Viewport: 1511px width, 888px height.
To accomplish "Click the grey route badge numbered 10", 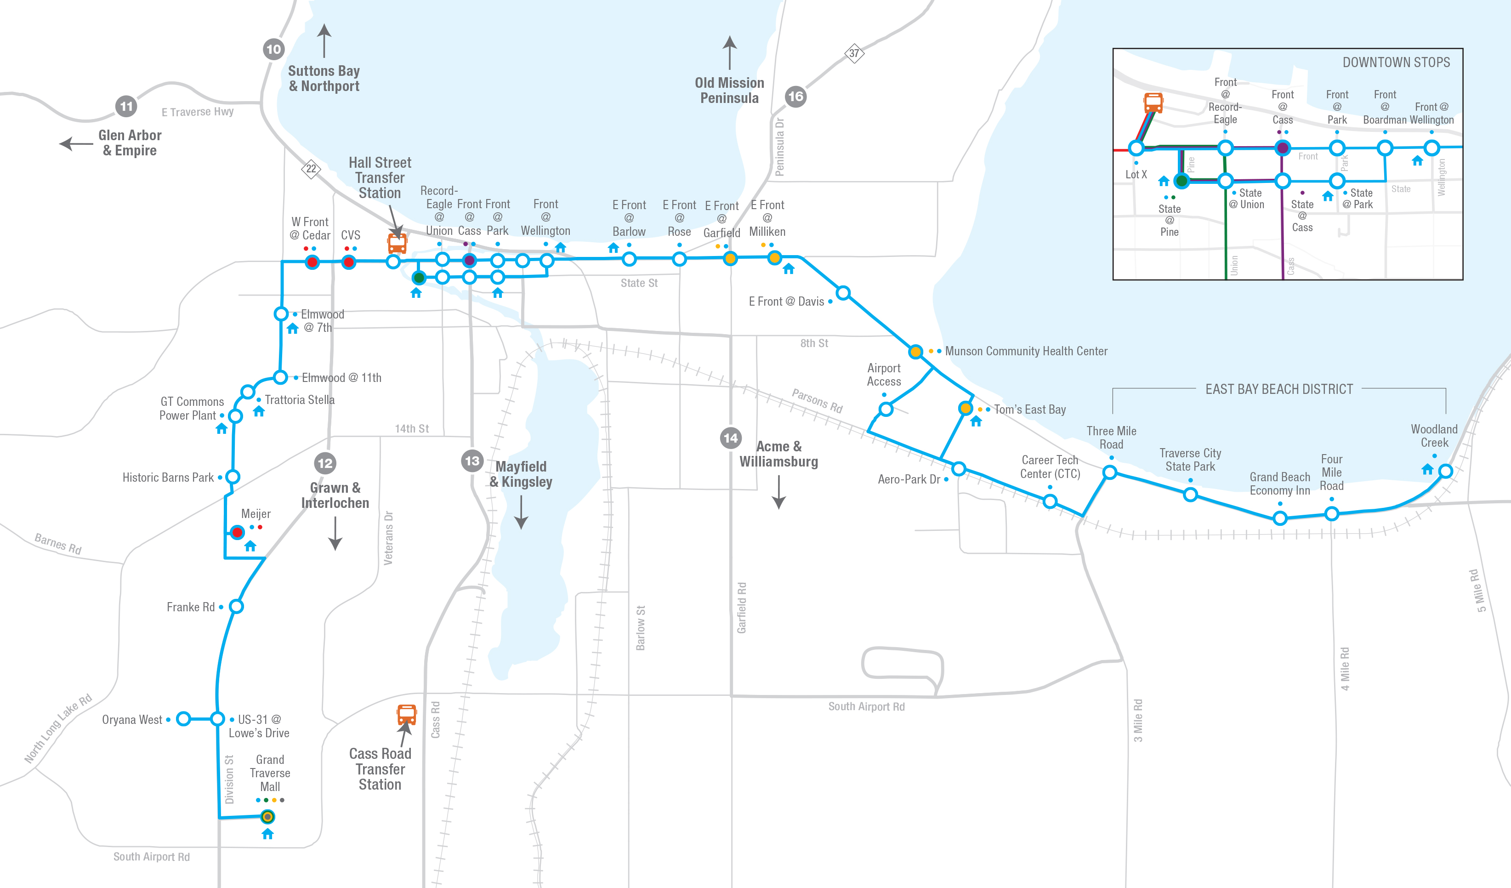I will (273, 49).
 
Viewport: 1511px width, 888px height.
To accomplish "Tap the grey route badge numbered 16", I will (795, 97).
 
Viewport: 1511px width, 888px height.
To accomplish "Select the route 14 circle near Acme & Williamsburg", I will (730, 438).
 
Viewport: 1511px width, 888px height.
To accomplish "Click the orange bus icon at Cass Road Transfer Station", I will (407, 715).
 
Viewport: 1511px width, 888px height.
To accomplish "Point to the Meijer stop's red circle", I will (238, 532).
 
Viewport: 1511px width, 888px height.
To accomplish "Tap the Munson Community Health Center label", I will (1025, 351).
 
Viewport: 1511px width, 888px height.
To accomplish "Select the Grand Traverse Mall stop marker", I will (268, 817).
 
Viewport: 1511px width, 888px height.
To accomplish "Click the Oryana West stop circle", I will (183, 718).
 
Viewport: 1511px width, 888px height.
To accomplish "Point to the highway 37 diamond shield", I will (854, 53).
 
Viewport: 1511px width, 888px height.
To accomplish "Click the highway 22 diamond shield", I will (311, 169).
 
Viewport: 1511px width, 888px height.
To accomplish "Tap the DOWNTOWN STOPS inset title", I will (1396, 63).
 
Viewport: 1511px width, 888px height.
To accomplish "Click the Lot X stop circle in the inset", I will (1136, 148).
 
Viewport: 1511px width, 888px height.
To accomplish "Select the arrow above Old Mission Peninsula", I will (729, 53).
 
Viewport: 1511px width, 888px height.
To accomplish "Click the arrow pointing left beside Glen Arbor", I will (75, 144).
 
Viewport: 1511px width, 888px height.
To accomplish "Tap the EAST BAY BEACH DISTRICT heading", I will (1279, 389).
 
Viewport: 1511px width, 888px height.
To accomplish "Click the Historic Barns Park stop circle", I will (233, 477).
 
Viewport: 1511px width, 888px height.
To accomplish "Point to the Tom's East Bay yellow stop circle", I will (966, 408).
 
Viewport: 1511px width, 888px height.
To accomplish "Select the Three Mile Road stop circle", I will (1110, 472).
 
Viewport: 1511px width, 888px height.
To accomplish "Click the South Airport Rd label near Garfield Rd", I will (866, 706).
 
